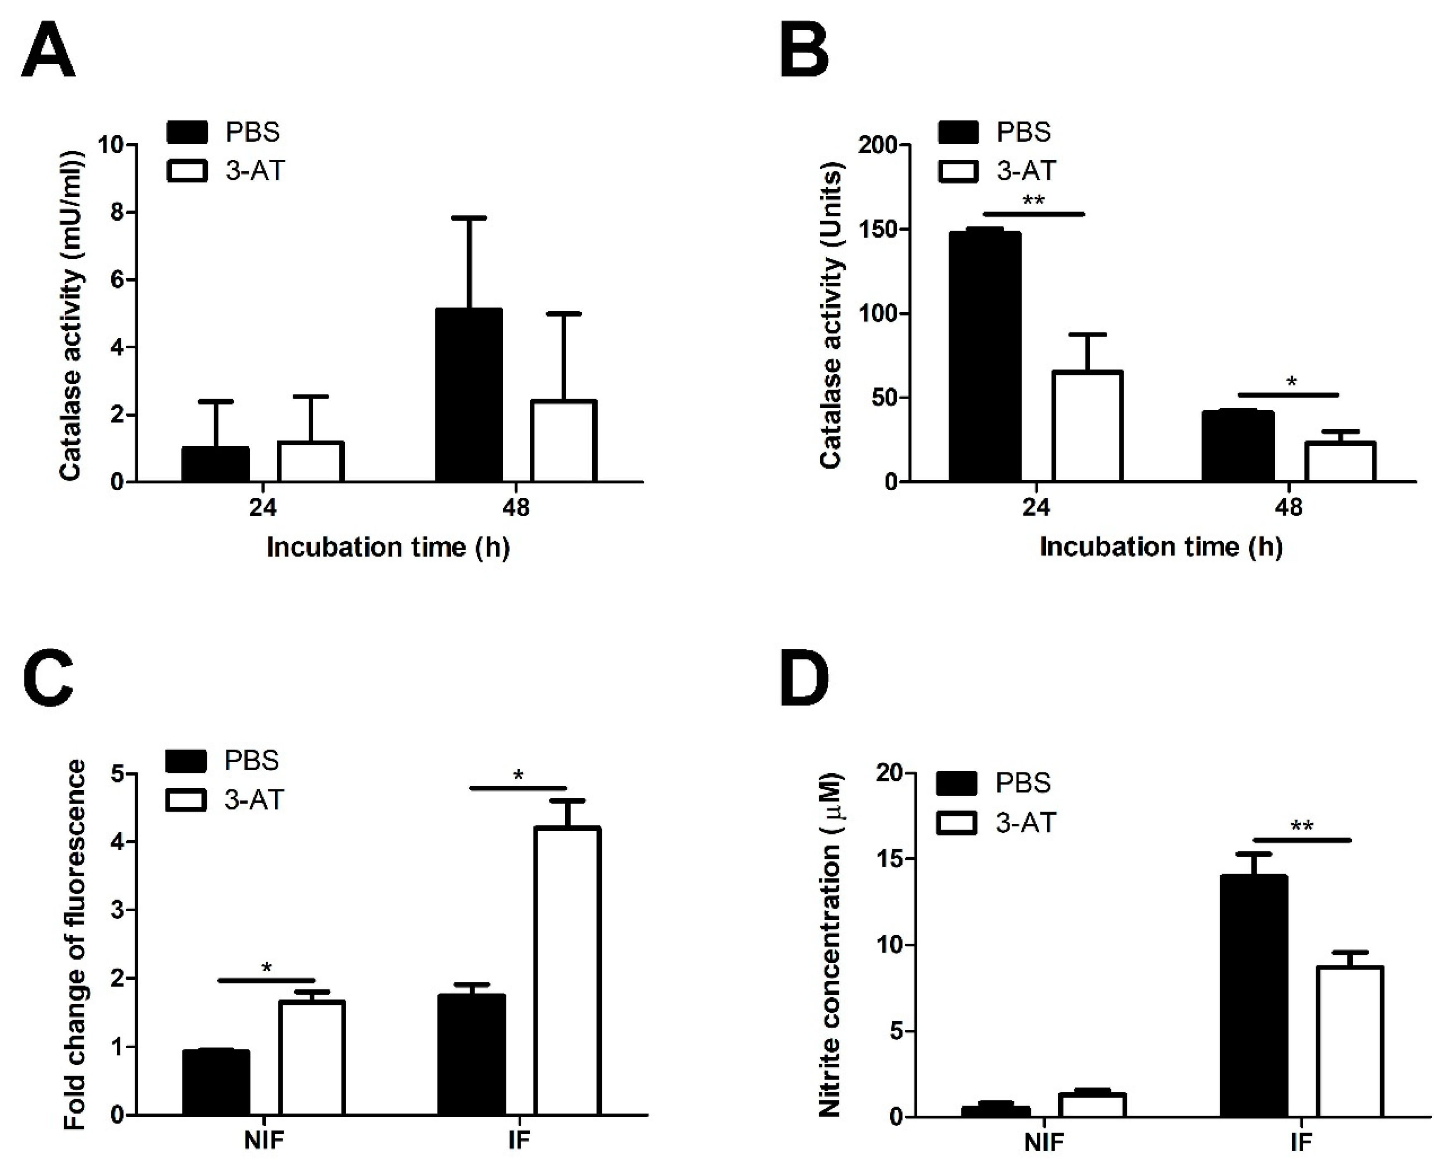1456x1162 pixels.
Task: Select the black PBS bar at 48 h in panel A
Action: [468, 395]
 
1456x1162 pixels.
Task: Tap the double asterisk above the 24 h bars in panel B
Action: [1033, 201]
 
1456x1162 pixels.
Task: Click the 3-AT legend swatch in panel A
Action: [186, 170]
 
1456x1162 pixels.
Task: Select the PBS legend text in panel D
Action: [1023, 782]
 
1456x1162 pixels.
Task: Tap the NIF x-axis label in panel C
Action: [264, 1140]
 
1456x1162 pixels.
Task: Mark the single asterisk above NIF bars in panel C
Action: [267, 967]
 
